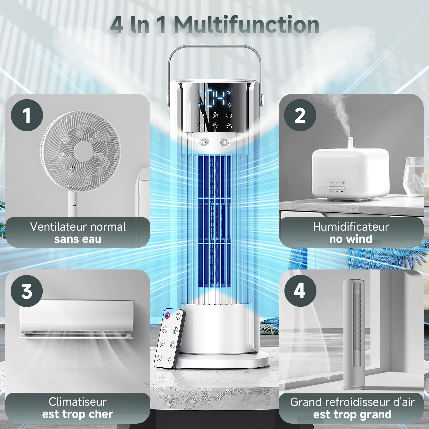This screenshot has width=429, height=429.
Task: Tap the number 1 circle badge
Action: [27, 115]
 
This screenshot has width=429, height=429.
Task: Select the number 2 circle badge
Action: [300, 115]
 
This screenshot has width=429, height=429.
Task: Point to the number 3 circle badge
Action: [27, 291]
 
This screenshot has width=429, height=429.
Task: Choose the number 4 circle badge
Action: [300, 291]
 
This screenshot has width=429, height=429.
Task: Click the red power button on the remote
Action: [168, 315]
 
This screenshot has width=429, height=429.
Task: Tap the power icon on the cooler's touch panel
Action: [229, 115]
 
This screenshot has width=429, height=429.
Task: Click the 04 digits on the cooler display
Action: [216, 98]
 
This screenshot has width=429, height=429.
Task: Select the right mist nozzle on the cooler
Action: [225, 142]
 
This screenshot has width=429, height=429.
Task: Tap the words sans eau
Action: [78, 239]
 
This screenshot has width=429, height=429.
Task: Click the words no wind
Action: [351, 239]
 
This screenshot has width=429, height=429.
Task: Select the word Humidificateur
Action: [351, 227]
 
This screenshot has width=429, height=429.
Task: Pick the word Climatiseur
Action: [78, 402]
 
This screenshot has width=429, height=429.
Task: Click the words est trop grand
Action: [352, 415]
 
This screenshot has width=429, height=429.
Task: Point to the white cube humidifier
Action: [350, 172]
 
